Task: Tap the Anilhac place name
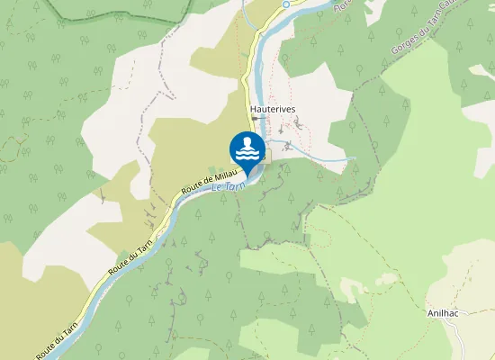click(445, 314)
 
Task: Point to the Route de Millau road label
click(208, 178)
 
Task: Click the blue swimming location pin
click(247, 150)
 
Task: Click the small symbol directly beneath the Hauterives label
click(256, 118)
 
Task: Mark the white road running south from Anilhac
click(457, 337)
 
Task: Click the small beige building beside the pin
click(267, 157)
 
